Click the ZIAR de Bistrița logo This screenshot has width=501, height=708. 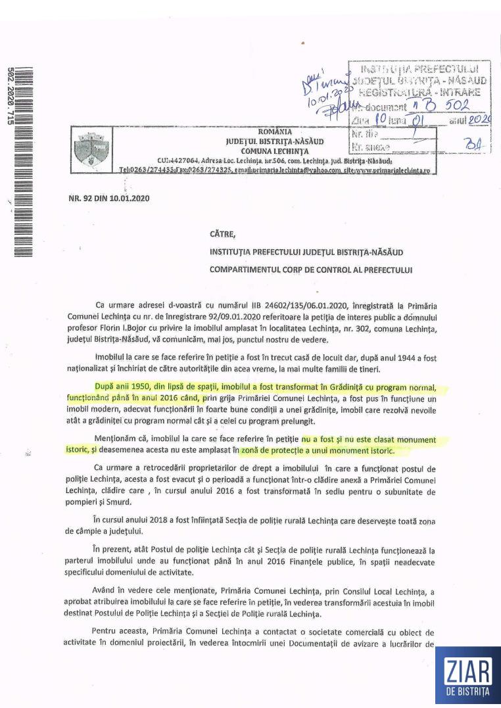coord(466,676)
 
